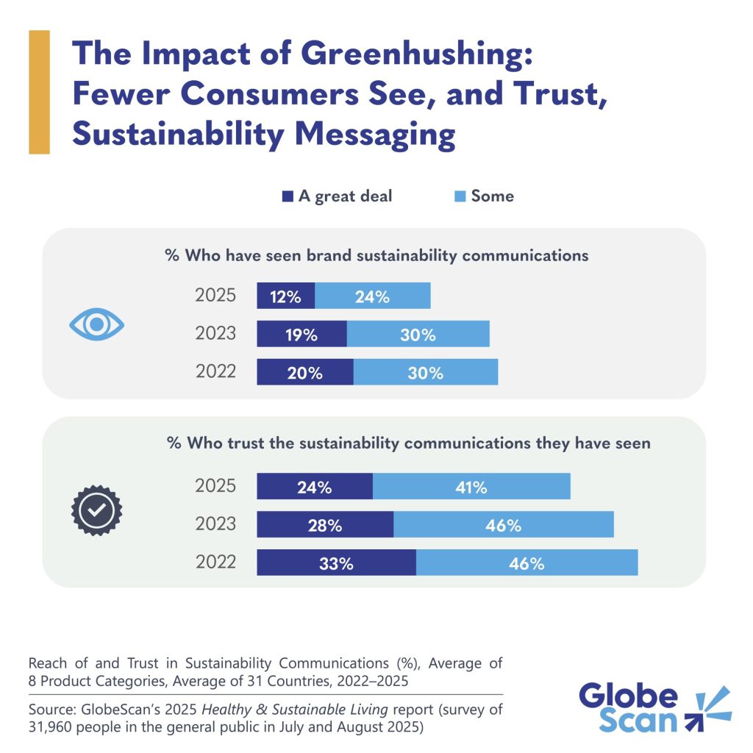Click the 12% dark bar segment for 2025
coord(285,296)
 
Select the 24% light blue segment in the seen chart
coord(372,296)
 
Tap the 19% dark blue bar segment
coord(301,334)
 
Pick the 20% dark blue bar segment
coord(304,372)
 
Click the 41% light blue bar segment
coord(471,486)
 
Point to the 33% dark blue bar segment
coord(336,563)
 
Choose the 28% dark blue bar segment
coord(325,524)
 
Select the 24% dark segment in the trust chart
coord(315,486)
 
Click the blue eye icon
coord(96,324)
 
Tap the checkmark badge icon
coord(96,509)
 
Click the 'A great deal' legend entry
coord(337,196)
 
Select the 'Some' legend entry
coord(485,196)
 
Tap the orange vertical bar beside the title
coord(39,92)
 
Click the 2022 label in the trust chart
coord(215,562)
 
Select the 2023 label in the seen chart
coord(215,333)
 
